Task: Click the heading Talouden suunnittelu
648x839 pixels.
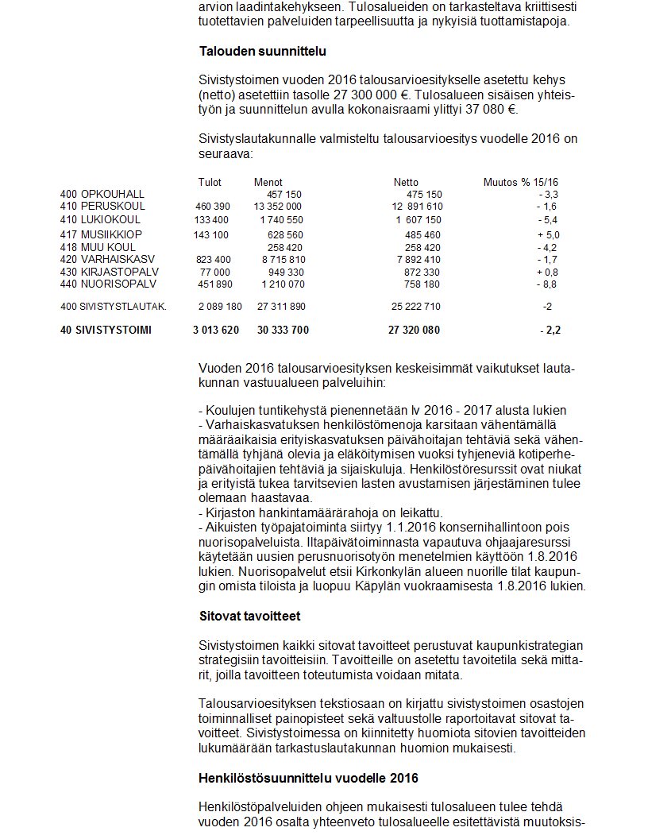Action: [x=262, y=52]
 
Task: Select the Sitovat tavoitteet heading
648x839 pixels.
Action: [x=249, y=616]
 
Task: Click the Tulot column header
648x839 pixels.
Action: [x=210, y=183]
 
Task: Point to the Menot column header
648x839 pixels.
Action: [x=268, y=183]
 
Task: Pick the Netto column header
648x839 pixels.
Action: [x=406, y=183]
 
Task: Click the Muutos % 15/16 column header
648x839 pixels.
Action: [x=520, y=183]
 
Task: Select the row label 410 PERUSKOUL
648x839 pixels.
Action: [x=102, y=207]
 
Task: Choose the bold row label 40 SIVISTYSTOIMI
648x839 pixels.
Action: [x=106, y=331]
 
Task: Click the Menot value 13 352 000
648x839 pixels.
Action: [x=277, y=207]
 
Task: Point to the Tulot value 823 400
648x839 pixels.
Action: [x=213, y=260]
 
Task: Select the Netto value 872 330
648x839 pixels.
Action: [x=422, y=272]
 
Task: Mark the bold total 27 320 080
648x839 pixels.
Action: [x=414, y=331]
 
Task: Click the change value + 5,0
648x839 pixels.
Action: [x=548, y=235]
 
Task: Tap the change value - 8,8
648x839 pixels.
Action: [x=548, y=284]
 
